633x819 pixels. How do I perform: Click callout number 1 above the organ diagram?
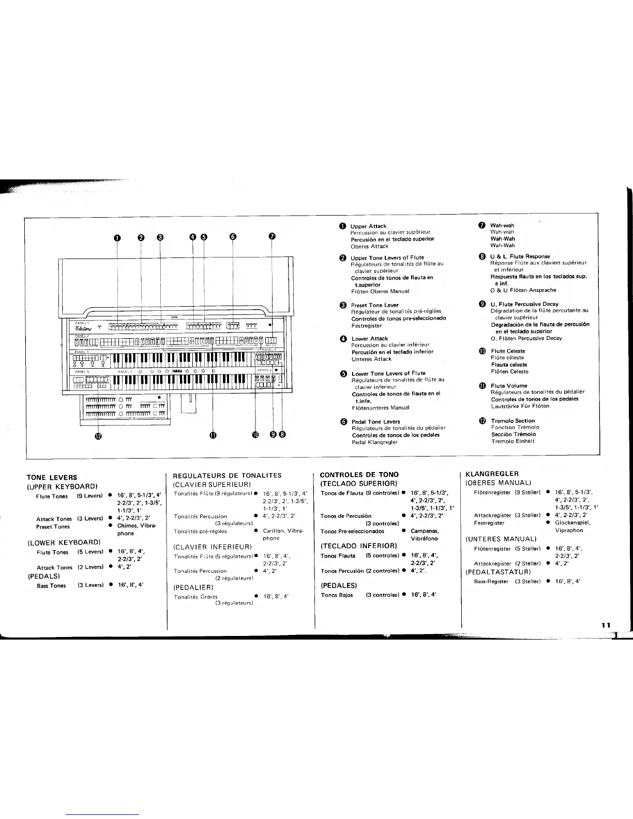click(117, 237)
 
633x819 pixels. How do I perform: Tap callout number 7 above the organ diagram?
click(272, 237)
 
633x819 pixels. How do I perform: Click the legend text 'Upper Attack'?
click(368, 226)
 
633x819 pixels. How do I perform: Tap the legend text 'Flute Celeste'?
click(508, 351)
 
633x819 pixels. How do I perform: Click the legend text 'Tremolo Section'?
click(513, 421)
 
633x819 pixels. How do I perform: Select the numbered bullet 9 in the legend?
click(482, 304)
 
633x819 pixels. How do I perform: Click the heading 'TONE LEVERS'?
click(52, 477)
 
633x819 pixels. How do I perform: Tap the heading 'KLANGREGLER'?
click(492, 474)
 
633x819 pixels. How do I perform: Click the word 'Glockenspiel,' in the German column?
click(572, 523)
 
